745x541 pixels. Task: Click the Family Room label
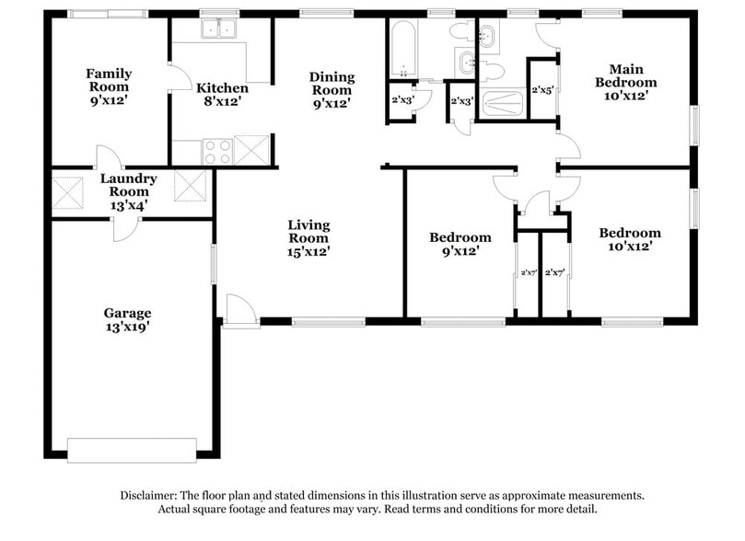tap(109, 86)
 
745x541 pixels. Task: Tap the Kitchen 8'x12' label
tap(222, 95)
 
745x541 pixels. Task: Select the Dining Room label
tap(331, 90)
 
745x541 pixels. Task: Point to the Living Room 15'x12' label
tap(308, 237)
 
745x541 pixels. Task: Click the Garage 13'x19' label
tap(127, 319)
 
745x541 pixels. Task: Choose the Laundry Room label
tap(128, 191)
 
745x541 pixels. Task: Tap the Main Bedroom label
tap(626, 82)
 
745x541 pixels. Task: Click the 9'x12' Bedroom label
tap(460, 244)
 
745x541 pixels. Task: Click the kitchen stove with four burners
tap(217, 151)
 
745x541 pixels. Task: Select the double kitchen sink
tap(218, 29)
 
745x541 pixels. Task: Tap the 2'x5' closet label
tap(543, 90)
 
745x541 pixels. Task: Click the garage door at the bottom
tap(132, 450)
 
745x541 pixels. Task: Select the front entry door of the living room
tap(240, 312)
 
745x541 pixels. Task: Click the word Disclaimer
tap(148, 495)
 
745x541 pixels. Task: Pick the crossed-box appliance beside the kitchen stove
tap(250, 150)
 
